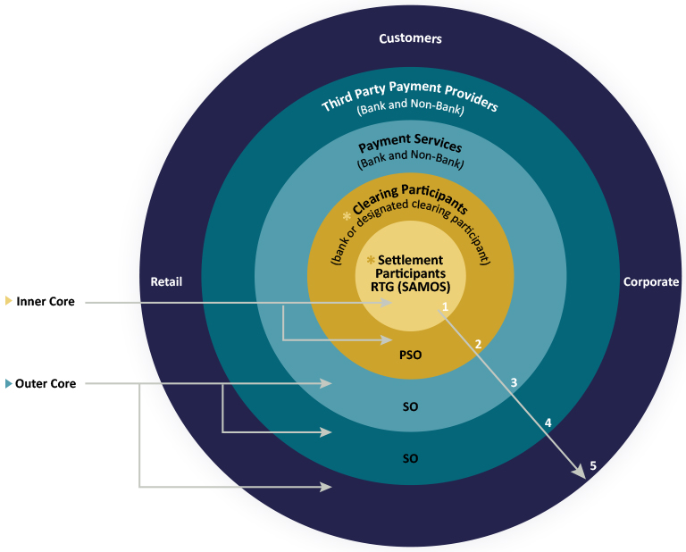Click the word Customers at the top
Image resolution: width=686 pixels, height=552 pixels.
410,38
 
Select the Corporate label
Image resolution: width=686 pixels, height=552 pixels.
650,281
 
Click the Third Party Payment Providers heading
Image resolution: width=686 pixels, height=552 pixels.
409,96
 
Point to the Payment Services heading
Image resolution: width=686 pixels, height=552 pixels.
410,145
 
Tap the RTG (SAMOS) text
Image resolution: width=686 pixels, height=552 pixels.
410,287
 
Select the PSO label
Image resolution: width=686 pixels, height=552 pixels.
410,354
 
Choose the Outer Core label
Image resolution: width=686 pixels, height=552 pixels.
46,384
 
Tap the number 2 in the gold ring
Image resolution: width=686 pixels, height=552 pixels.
478,343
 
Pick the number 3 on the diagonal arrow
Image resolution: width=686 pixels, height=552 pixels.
514,382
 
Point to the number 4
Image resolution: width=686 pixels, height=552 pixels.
548,422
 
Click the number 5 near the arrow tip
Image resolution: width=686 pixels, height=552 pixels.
592,465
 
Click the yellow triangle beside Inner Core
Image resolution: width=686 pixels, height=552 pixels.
9,301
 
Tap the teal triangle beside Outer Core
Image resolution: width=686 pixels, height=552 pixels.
9,384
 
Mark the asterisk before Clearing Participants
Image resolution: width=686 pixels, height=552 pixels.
347,217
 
